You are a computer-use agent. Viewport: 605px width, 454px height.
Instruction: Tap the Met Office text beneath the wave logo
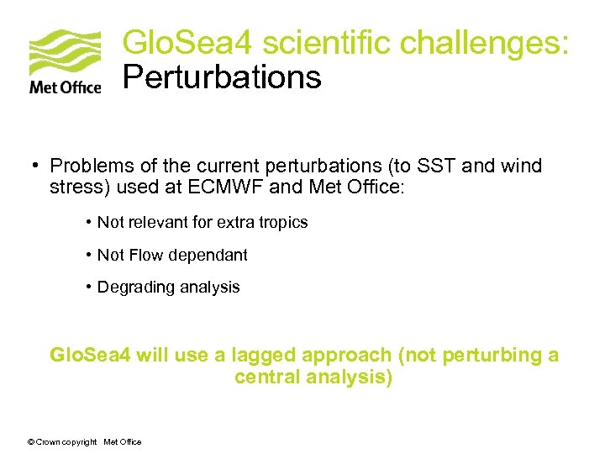65,87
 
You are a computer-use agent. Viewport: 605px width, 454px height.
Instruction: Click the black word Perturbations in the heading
222,77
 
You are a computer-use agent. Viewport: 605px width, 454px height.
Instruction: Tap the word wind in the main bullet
523,166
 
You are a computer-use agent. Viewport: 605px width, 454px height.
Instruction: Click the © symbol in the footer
31,442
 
